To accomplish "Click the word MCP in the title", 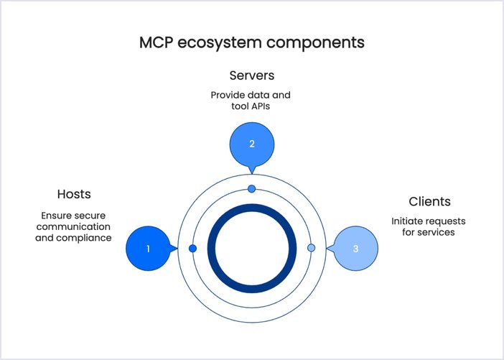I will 156,42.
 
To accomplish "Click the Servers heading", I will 252,75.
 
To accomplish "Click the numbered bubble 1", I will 148,249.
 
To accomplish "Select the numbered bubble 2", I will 252,144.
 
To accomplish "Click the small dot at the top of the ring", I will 251,188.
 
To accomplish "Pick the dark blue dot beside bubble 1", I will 192,248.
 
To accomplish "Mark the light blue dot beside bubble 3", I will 311,248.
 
